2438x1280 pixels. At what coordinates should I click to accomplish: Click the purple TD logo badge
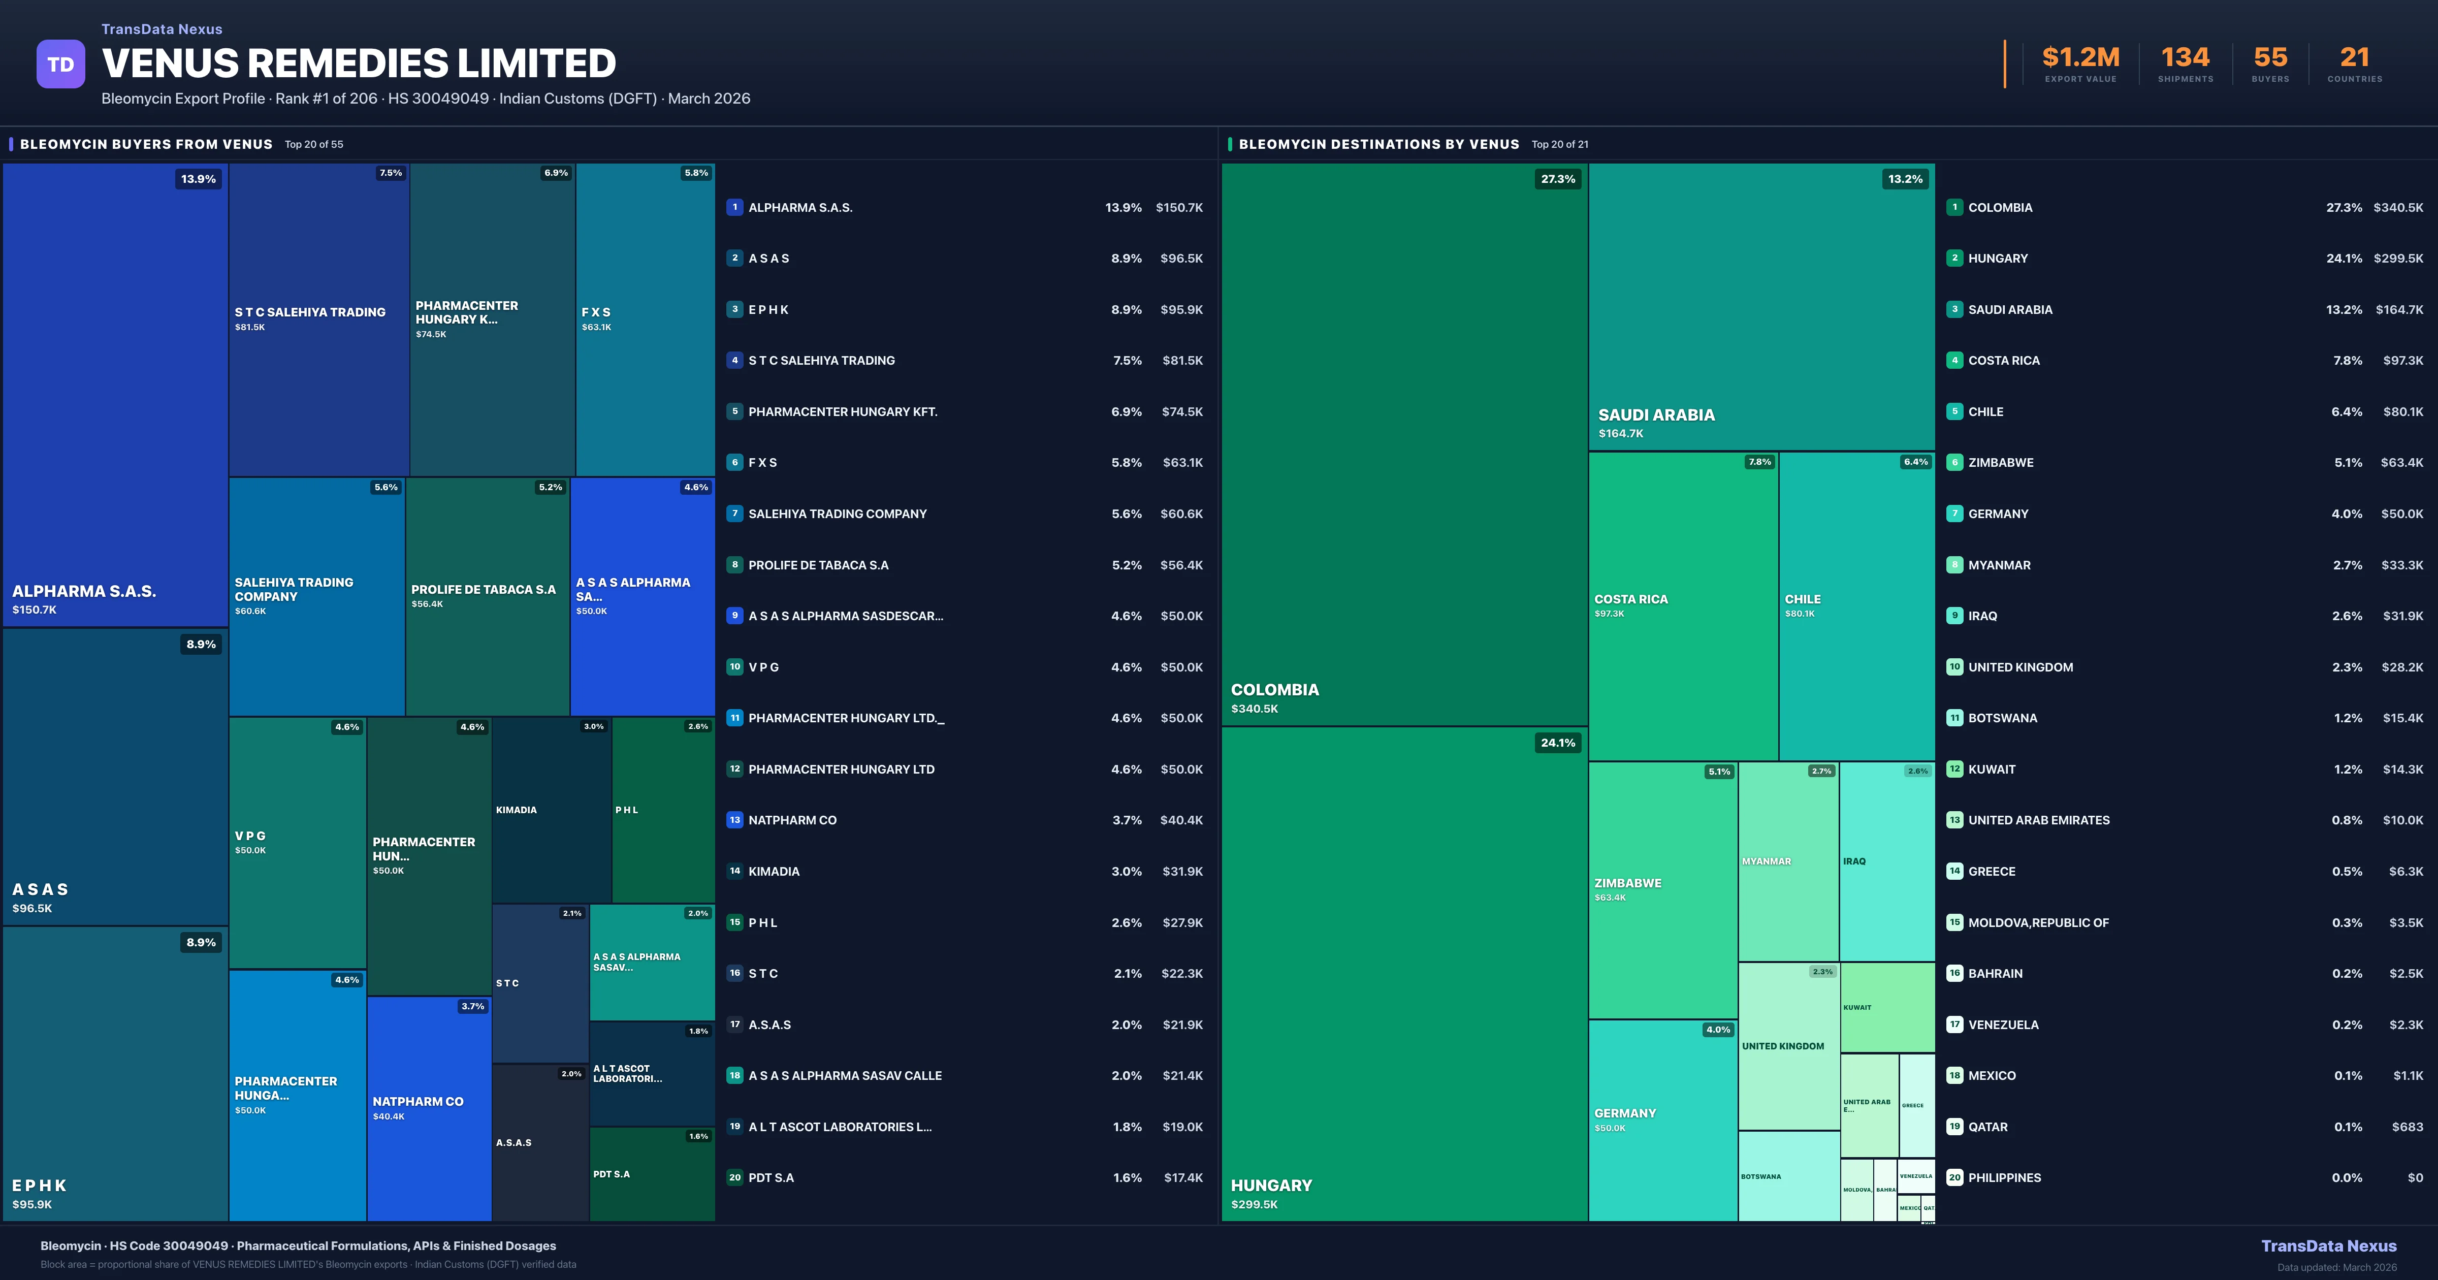tap(60, 65)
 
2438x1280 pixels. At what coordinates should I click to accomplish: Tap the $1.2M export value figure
tap(2080, 58)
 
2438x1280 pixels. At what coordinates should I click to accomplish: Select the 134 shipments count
tap(2185, 58)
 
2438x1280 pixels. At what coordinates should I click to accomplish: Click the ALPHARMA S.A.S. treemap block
tap(115, 394)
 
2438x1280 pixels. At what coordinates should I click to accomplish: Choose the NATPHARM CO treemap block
tap(429, 1108)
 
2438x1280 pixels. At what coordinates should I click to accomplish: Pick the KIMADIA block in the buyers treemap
tap(551, 810)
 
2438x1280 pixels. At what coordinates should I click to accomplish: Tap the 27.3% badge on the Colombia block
tap(1558, 179)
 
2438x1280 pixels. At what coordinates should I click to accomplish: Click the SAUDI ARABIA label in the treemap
tap(1656, 414)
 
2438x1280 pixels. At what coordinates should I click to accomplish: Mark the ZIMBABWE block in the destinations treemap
tap(1662, 890)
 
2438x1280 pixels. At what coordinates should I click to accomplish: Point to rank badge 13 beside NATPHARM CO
tap(734, 820)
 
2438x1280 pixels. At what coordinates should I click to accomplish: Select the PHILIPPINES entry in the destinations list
tap(2005, 1178)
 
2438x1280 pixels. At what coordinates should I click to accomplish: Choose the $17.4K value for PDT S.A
tap(1183, 1178)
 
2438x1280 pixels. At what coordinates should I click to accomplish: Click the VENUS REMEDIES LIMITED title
tap(359, 63)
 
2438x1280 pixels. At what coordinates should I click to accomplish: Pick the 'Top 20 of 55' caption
tap(314, 145)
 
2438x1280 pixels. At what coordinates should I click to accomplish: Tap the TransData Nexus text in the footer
tap(2328, 1246)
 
